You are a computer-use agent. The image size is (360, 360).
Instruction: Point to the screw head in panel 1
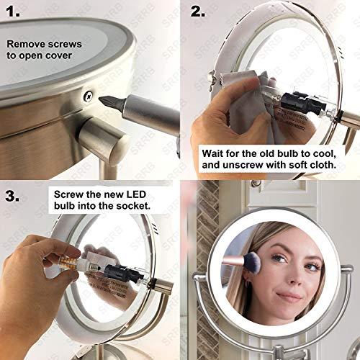pos(87,95)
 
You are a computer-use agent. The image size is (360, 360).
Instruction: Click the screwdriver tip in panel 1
pos(105,102)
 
